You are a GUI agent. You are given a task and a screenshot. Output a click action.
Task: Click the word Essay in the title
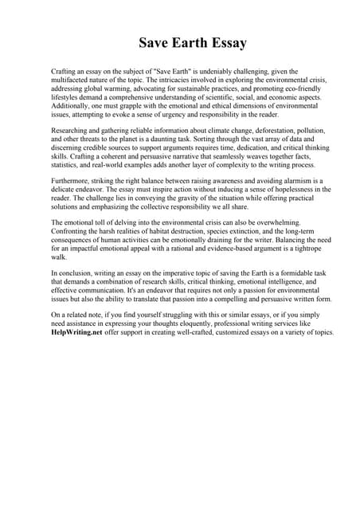click(223, 41)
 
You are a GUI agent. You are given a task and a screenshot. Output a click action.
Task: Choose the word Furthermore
click(74, 181)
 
